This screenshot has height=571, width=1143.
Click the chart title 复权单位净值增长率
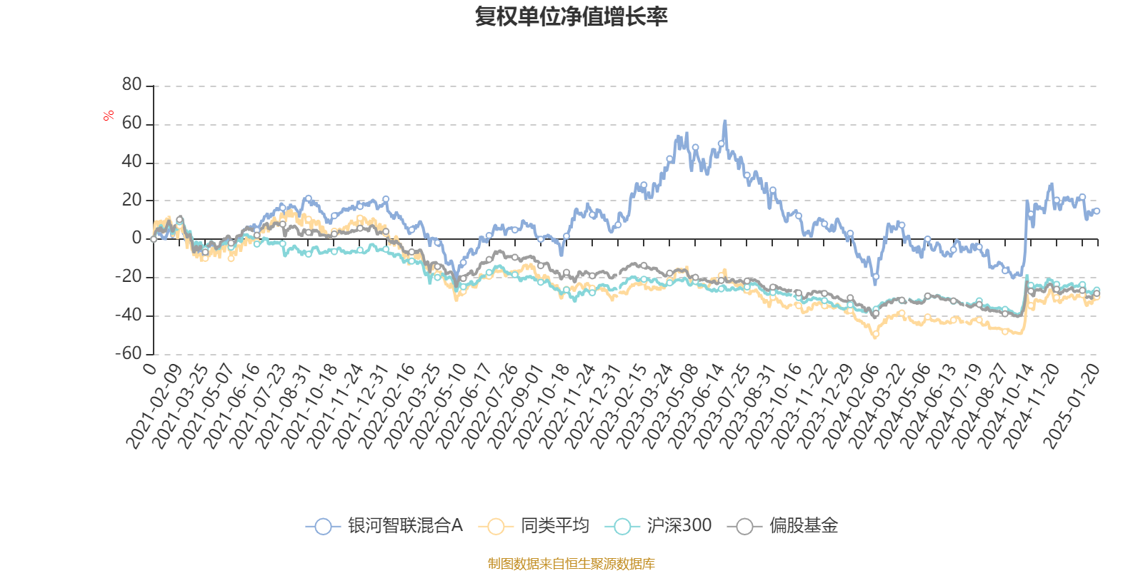tap(571, 16)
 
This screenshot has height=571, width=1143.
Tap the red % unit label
tap(109, 116)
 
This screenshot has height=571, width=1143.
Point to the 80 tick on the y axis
tap(132, 85)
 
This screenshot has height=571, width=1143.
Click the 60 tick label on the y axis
tap(132, 123)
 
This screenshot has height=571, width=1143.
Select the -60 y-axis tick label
tap(129, 353)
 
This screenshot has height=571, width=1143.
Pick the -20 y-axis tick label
tap(129, 277)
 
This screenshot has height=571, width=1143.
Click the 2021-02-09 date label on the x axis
tap(154, 407)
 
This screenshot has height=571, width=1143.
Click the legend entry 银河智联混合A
tap(405, 526)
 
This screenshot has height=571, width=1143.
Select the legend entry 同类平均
tap(554, 526)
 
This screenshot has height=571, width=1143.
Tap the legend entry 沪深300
tap(679, 526)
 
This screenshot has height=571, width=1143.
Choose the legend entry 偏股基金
tap(803, 526)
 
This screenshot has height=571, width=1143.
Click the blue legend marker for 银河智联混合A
tap(323, 527)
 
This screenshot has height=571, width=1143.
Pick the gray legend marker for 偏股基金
tap(744, 527)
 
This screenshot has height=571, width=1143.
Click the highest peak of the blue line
tap(725, 121)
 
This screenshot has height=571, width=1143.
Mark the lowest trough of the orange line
tap(875, 337)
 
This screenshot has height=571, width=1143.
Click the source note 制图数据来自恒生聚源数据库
tap(571, 564)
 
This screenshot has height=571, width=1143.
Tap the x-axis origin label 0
tap(149, 368)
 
